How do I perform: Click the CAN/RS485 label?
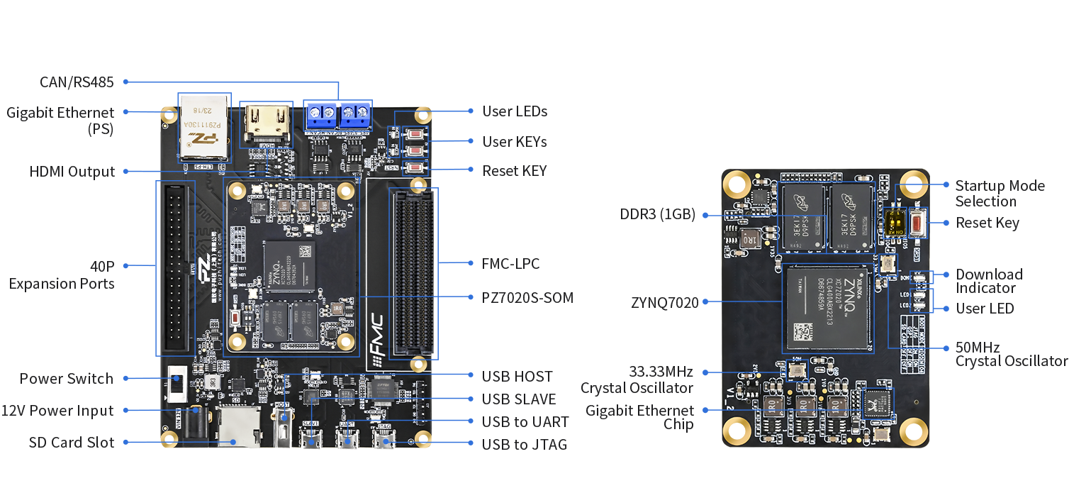(x=77, y=82)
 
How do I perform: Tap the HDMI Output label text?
(x=72, y=172)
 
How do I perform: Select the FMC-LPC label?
(x=510, y=264)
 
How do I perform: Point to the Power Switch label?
(x=66, y=379)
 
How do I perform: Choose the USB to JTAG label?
(x=524, y=445)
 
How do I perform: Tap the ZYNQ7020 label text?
(x=665, y=303)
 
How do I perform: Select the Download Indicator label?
(x=989, y=281)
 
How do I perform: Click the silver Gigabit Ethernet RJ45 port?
(x=203, y=126)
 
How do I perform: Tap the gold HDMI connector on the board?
(x=266, y=123)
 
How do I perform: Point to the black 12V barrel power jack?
(x=199, y=423)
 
